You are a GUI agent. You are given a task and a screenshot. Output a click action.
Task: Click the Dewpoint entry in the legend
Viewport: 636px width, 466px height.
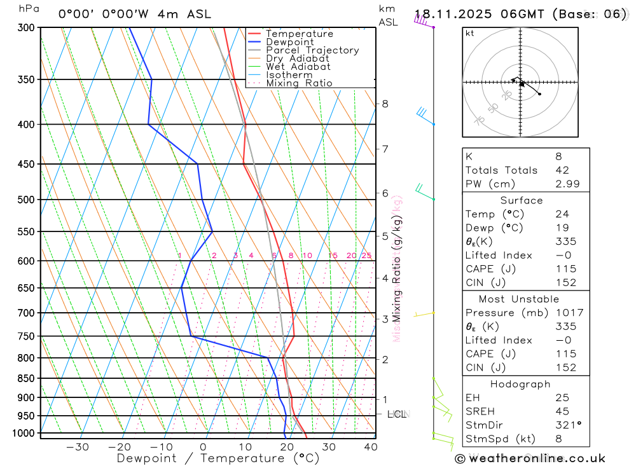tap(290, 42)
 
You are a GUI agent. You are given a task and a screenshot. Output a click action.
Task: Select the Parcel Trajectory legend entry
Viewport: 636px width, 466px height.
tap(312, 50)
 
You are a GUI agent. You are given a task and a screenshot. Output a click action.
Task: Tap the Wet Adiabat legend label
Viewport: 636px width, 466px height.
tap(298, 67)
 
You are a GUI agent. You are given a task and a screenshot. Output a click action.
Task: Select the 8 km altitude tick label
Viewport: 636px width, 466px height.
tap(385, 104)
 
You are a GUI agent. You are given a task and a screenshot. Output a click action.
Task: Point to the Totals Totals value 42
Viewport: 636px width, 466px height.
tap(561, 170)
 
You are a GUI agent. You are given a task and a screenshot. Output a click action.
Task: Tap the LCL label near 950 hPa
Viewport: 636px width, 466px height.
tap(396, 415)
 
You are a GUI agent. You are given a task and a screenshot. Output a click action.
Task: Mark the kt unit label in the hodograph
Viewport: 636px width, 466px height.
tap(470, 33)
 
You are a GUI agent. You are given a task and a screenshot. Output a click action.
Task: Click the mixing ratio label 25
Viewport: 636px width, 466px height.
tap(366, 256)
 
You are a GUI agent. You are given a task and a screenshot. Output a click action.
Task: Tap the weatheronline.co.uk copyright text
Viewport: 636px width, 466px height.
tap(530, 458)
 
